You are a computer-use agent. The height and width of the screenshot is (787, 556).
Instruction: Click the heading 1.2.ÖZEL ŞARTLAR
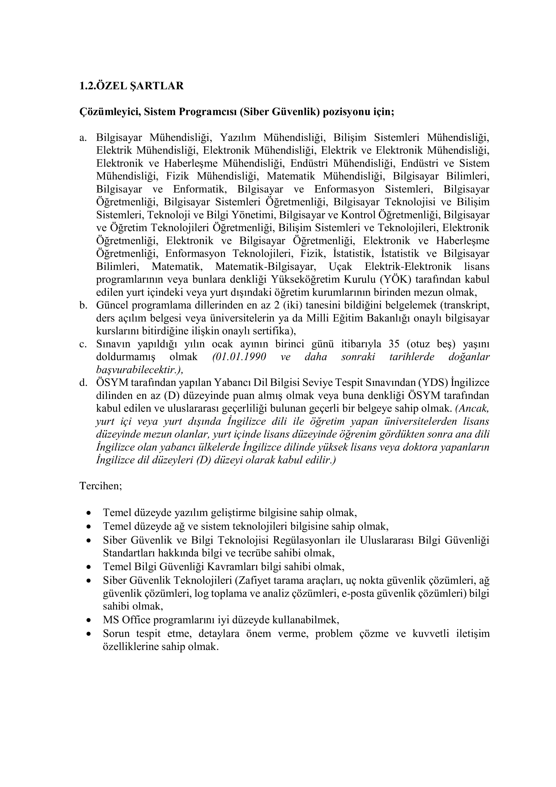pyautogui.click(x=132, y=86)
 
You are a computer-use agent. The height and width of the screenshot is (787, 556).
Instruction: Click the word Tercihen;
pyautogui.click(x=101, y=486)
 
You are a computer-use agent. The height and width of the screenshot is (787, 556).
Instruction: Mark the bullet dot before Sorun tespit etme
pyautogui.click(x=89, y=634)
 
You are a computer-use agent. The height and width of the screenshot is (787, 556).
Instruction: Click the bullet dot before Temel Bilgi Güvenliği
pyautogui.click(x=89, y=567)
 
